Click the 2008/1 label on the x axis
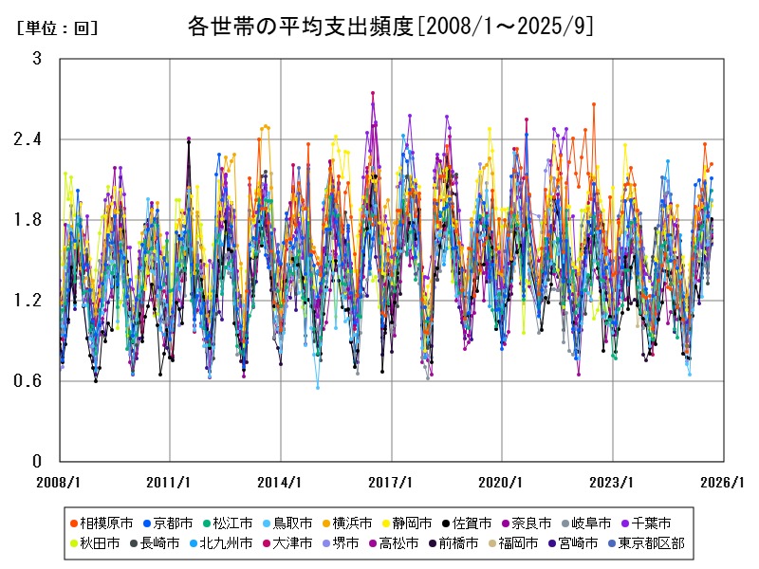[x=59, y=482]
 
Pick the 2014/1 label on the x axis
[x=280, y=482]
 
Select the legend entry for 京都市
[x=172, y=523]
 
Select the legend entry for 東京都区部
[x=652, y=543]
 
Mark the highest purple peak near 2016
[x=373, y=93]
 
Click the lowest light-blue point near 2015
[x=318, y=387]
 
